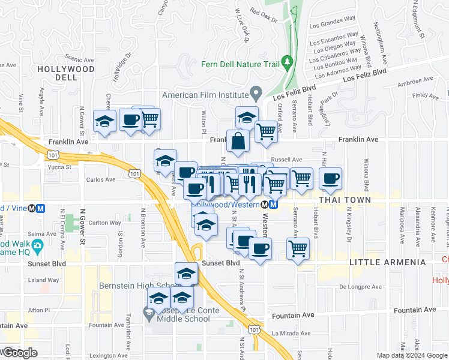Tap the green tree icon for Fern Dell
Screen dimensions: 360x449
click(288, 62)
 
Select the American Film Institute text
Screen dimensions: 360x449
click(205, 95)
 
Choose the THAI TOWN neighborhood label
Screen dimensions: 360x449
click(345, 199)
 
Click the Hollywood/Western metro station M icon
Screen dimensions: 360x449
click(273, 205)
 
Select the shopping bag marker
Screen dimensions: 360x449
click(238, 142)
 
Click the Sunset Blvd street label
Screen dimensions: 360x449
click(220, 263)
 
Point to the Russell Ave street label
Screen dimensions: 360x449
click(286, 160)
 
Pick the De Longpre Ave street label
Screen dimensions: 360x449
click(360, 287)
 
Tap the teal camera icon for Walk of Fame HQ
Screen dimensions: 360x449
click(38, 245)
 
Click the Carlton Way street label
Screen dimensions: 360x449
click(104, 223)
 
